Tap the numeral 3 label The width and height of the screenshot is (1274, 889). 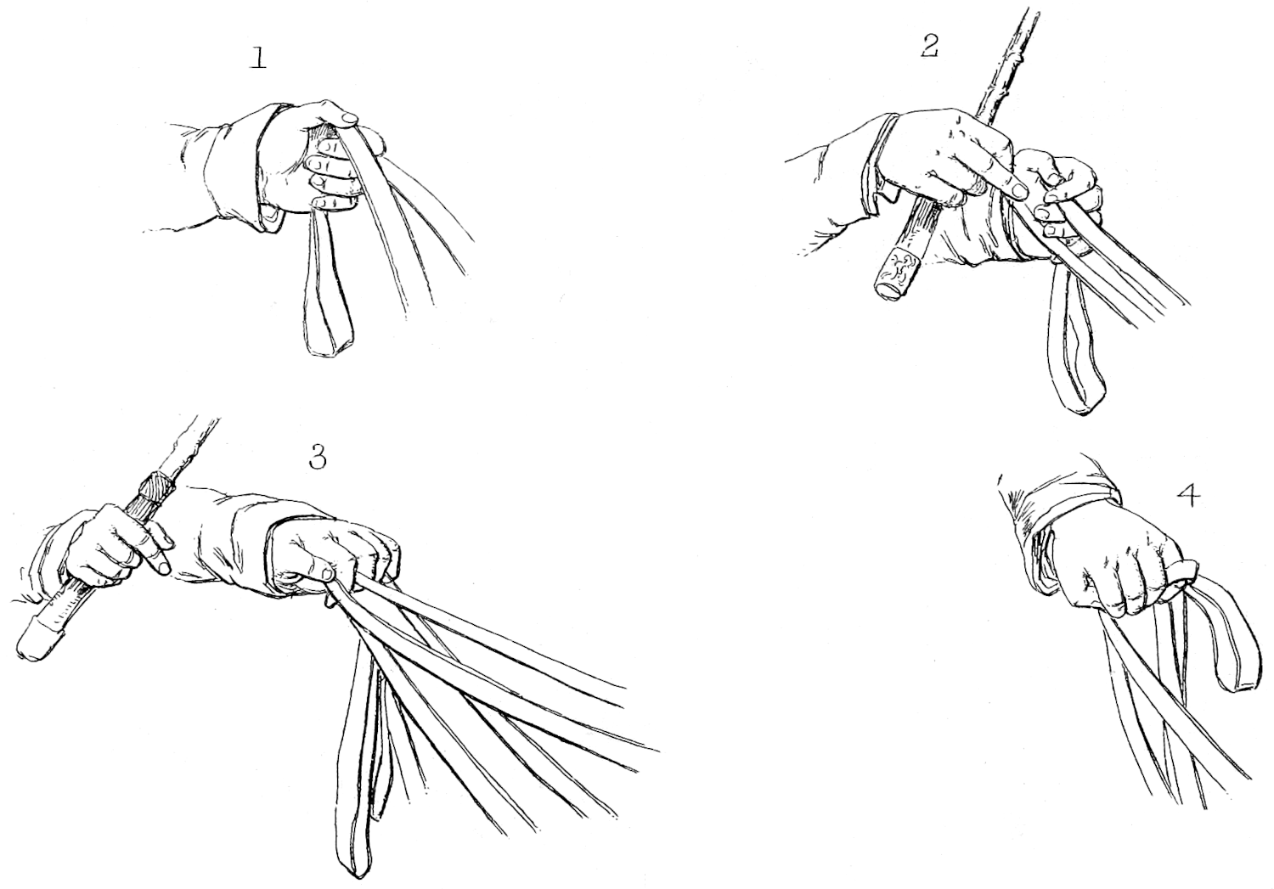point(318,457)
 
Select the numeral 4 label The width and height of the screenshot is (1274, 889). point(1189,496)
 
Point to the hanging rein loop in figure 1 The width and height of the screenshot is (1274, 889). point(329,284)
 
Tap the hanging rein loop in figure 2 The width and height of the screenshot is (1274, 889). point(1075,363)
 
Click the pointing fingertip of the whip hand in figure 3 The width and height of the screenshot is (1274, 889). point(163,567)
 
